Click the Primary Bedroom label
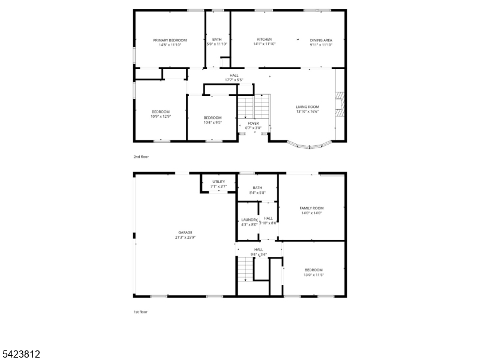[170, 40]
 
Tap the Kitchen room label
[264, 40]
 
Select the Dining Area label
[321, 40]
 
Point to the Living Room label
[307, 107]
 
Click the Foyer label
[253, 123]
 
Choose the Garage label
[185, 232]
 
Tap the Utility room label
[218, 181]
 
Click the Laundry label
[249, 220]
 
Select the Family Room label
[311, 208]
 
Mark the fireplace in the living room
[340, 107]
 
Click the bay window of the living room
[309, 145]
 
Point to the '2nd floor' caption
[141, 157]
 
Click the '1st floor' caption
[140, 312]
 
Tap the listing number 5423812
[21, 355]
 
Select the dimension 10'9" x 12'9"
[161, 116]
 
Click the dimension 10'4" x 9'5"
[212, 122]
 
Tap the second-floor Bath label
[217, 40]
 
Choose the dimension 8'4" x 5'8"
[257, 193]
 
